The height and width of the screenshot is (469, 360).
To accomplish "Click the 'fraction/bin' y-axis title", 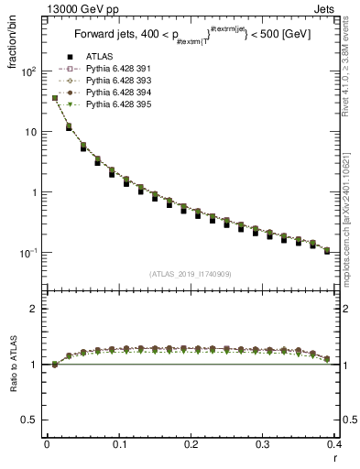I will coord(10,46).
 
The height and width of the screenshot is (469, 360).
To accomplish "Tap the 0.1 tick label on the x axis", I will coord(118,444).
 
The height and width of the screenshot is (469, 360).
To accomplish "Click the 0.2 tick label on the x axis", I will coord(190,444).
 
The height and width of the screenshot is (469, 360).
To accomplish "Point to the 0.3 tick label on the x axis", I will coord(262,444).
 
